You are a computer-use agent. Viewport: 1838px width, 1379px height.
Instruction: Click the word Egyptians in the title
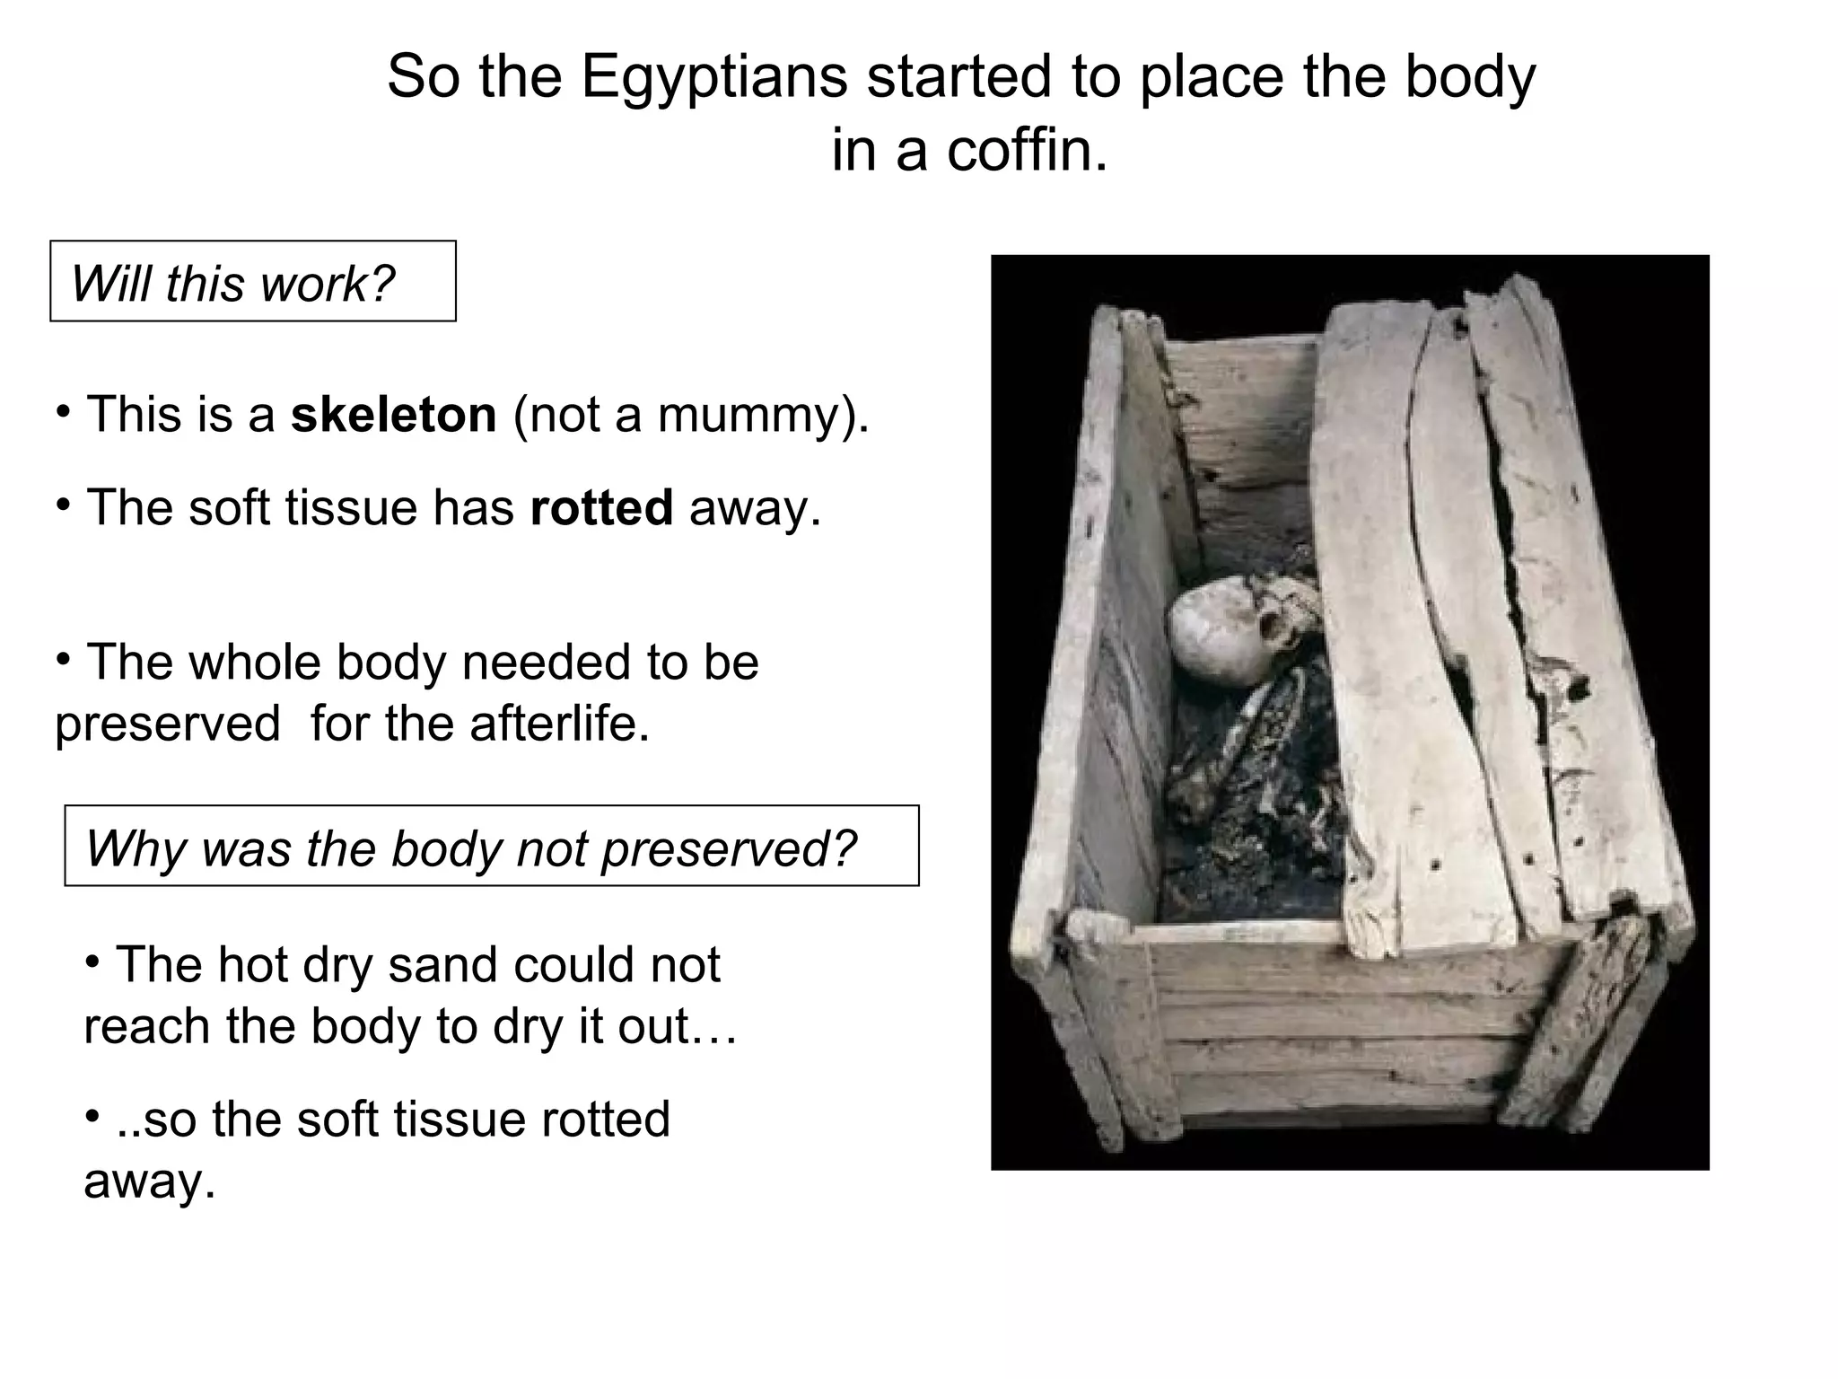tap(713, 79)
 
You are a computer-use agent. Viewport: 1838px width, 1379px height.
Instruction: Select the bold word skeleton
tap(393, 415)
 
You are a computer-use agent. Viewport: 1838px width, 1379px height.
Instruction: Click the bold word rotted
tap(601, 508)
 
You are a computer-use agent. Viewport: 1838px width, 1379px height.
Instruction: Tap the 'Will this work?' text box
tap(252, 281)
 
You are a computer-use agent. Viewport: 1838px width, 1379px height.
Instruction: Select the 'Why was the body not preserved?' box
tap(491, 846)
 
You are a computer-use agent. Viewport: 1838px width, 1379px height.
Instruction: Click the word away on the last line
tap(149, 1181)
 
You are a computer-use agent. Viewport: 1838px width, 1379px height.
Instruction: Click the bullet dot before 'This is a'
tap(63, 412)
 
